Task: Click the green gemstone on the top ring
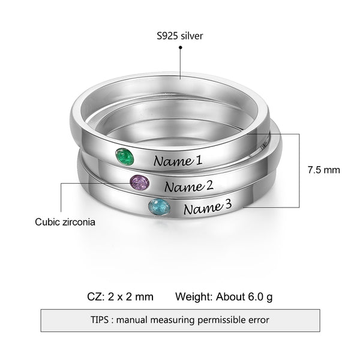click(x=124, y=158)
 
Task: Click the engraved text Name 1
click(x=178, y=161)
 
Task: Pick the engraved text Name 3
click(x=207, y=208)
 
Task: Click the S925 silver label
click(x=180, y=36)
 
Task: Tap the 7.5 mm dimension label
click(x=323, y=170)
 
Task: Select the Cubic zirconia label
click(x=65, y=222)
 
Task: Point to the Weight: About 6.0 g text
click(x=224, y=296)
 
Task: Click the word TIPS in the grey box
click(x=100, y=320)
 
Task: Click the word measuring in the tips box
click(x=170, y=320)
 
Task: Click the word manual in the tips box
click(x=135, y=320)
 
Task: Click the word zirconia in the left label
click(x=79, y=222)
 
